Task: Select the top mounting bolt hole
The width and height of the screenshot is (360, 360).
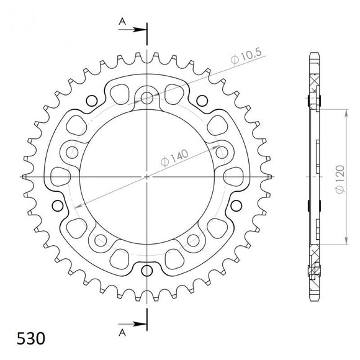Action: (147, 97)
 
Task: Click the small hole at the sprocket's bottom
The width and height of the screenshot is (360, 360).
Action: (147, 270)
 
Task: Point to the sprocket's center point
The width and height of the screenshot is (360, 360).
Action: (147, 176)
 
